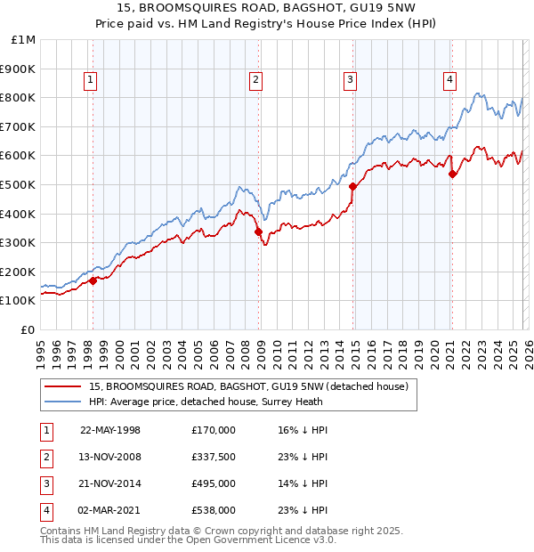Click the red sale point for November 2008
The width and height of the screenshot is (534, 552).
[258, 231]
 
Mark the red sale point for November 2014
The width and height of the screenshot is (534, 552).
[353, 186]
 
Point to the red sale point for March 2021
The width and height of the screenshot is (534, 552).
[452, 174]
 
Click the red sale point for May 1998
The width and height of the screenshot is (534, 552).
[93, 280]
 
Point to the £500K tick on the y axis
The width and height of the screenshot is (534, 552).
[20, 184]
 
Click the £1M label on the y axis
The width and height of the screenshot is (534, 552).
[22, 40]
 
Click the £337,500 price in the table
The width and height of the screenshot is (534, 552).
[214, 457]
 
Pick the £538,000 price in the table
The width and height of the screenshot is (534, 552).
[214, 510]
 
